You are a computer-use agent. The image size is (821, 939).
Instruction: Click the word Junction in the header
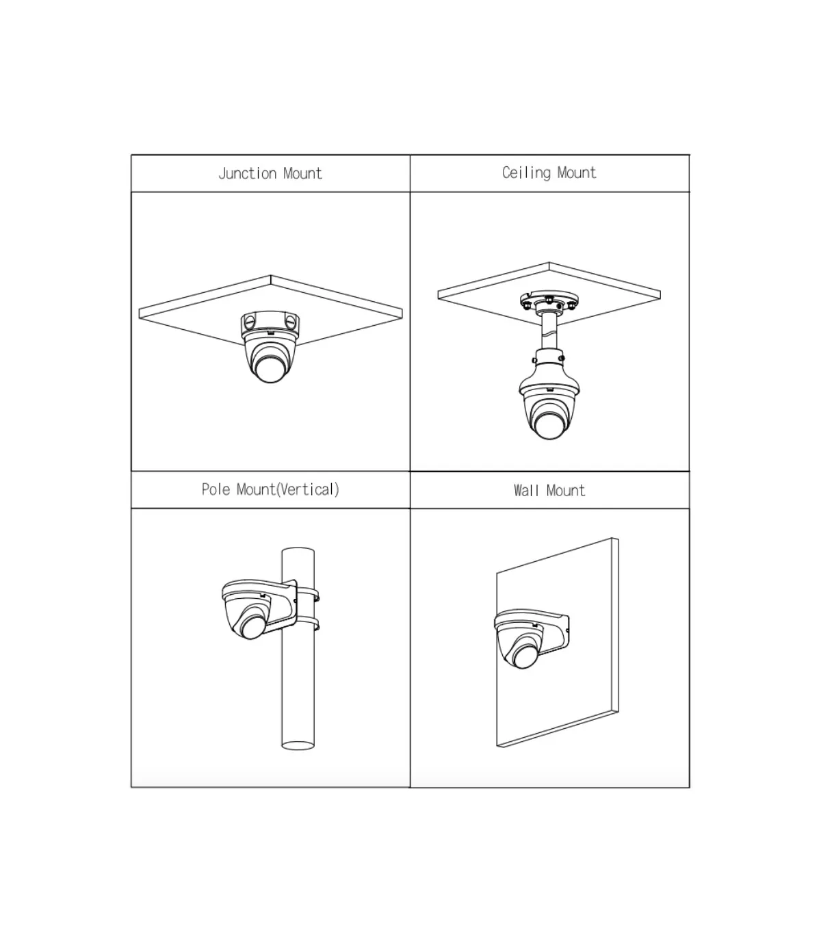[x=247, y=173]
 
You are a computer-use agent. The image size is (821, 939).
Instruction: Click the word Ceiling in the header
[x=527, y=173]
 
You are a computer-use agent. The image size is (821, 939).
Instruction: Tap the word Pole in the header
[x=216, y=489]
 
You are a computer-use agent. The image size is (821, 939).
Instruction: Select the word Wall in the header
[x=526, y=490]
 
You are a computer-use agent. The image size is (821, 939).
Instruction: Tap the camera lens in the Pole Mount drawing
[x=252, y=627]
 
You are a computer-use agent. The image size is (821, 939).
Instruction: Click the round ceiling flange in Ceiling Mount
[x=549, y=302]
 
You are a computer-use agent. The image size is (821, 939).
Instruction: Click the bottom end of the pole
[x=298, y=745]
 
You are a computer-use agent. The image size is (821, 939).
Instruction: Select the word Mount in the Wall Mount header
[x=566, y=491]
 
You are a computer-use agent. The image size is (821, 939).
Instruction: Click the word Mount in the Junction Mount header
[x=302, y=173]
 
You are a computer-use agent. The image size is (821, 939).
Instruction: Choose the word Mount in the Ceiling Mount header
[x=577, y=172]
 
